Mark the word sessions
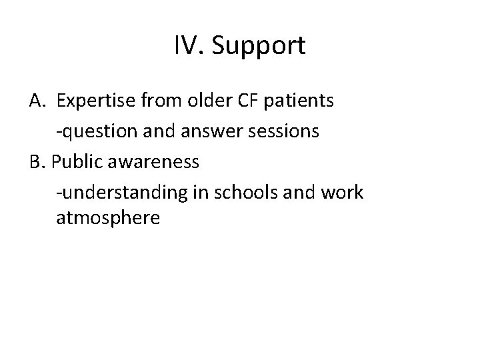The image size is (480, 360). click(288, 131)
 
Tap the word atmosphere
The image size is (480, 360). click(108, 218)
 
